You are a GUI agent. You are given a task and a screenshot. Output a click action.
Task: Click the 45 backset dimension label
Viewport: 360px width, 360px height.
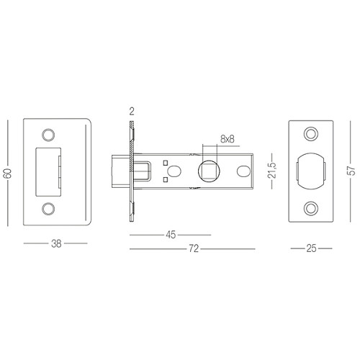(x=170, y=235)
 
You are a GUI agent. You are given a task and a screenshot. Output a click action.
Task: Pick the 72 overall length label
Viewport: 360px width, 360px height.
(x=192, y=249)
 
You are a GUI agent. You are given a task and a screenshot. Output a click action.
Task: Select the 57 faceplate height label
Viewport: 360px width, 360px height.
(x=350, y=171)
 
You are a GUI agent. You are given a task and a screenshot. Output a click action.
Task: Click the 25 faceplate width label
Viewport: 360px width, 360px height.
(x=311, y=248)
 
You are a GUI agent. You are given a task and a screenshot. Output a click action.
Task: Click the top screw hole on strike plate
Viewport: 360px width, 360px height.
(x=48, y=134)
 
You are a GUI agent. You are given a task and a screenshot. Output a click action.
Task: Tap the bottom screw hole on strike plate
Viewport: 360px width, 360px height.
(x=48, y=208)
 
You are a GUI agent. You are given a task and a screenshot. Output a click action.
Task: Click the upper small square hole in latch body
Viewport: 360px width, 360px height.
(x=166, y=161)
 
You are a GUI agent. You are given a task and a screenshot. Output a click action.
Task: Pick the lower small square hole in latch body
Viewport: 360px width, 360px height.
(x=166, y=181)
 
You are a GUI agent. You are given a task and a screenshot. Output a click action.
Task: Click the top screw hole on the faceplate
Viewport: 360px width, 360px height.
(x=311, y=134)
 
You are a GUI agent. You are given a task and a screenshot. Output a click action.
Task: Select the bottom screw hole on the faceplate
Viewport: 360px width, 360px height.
(x=311, y=208)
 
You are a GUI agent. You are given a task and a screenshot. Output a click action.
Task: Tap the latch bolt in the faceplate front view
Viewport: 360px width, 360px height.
(x=311, y=171)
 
